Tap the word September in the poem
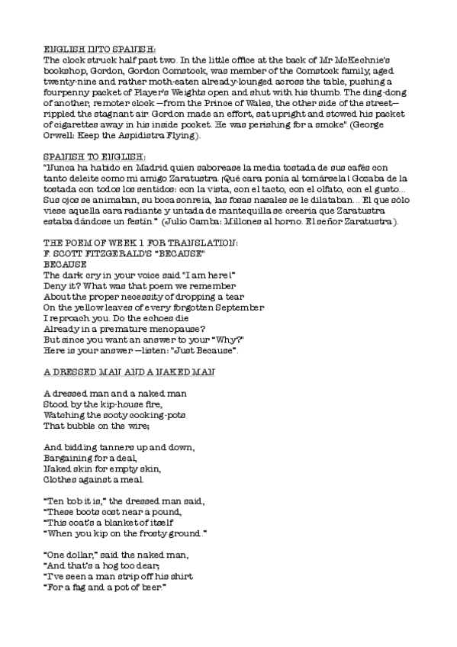(236, 307)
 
